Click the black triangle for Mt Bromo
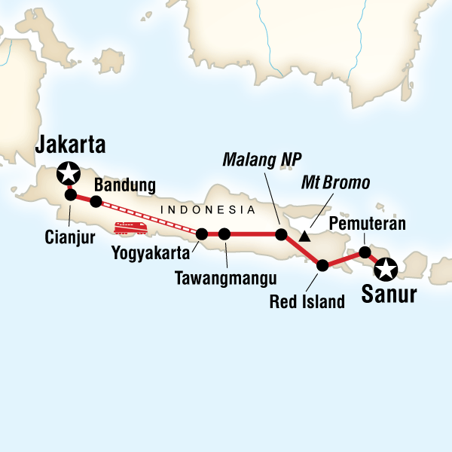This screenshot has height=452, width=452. pyautogui.click(x=304, y=237)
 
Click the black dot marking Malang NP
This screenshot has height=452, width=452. pyautogui.click(x=281, y=234)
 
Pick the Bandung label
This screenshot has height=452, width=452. pyautogui.click(x=124, y=185)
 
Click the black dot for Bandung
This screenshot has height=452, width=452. pyautogui.click(x=96, y=201)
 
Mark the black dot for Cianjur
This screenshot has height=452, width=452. pyautogui.click(x=71, y=195)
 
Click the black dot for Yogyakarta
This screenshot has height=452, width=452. pyautogui.click(x=201, y=234)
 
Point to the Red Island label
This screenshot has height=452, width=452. pyautogui.click(x=307, y=302)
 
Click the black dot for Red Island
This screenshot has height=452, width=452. pyautogui.click(x=322, y=265)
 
